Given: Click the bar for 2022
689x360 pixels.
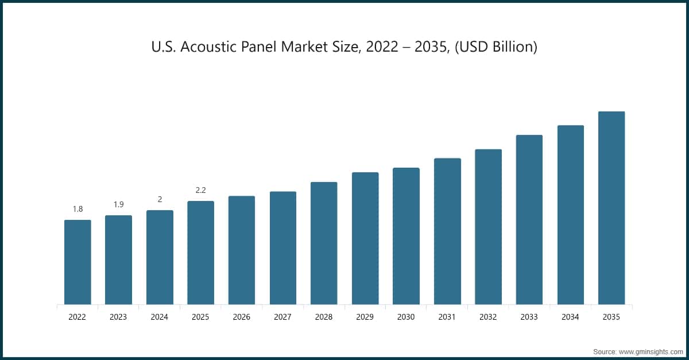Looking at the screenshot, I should [78, 262].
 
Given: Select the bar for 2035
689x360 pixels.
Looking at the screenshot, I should [611, 208].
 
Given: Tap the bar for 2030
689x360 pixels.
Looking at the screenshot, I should [406, 236].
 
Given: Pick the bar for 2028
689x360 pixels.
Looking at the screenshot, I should [324, 243].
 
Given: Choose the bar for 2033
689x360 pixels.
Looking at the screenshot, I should [529, 219].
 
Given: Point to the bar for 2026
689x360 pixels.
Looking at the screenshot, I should [242, 250].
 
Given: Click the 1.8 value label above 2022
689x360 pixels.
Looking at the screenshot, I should [78, 209].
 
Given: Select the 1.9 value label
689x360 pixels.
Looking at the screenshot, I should [118, 204].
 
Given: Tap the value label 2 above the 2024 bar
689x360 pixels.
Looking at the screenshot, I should [160, 199].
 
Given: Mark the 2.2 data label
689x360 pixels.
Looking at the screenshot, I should [200, 190].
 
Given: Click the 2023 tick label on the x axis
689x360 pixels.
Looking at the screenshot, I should [118, 316].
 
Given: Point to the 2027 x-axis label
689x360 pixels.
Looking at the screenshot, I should [282, 316].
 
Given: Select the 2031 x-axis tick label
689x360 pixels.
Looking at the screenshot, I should [447, 316].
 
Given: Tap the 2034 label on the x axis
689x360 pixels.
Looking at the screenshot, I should [570, 316].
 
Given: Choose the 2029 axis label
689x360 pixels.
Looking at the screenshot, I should [365, 316].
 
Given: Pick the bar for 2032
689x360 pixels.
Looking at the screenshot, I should [488, 227].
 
